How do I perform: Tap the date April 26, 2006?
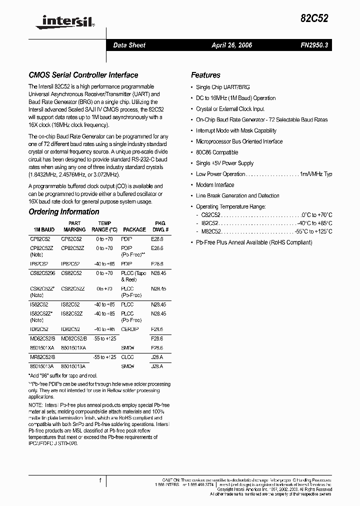(231, 45)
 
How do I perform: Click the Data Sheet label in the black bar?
(129, 45)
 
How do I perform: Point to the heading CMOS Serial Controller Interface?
(83, 75)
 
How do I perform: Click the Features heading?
(205, 75)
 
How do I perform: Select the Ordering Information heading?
(64, 212)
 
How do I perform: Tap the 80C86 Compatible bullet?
(217, 152)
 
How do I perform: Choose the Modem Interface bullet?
(215, 185)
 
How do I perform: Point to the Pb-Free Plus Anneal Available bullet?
(254, 242)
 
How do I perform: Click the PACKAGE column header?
(134, 229)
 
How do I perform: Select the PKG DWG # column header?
(160, 226)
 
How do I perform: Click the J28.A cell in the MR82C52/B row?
(157, 357)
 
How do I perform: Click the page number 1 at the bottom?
(100, 480)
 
